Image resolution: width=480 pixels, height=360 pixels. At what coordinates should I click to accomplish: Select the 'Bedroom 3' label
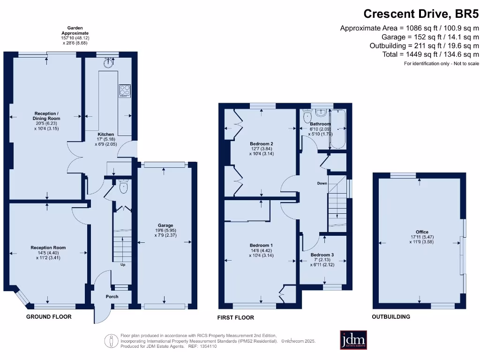coord(322,255)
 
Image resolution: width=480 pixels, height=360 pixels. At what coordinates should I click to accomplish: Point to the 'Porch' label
coord(112,296)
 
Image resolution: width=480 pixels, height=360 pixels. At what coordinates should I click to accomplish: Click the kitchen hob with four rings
coord(125,90)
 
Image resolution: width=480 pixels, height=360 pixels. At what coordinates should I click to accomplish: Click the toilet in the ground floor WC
coord(123,187)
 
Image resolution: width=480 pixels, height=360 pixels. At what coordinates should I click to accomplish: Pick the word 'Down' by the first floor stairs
coord(322,183)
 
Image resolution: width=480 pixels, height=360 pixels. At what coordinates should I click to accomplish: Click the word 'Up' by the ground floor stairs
coord(123,265)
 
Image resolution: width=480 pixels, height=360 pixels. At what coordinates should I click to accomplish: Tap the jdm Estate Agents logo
coord(353,340)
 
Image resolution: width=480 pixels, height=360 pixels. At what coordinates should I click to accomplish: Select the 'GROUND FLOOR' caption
coord(49,317)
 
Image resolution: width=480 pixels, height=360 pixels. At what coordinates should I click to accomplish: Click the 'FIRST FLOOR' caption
coord(235,317)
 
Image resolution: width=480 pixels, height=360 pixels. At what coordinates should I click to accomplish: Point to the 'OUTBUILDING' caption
coord(390,317)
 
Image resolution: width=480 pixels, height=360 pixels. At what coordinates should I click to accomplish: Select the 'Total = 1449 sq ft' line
coord(431,54)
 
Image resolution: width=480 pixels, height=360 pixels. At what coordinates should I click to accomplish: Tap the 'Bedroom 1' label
coord(261,245)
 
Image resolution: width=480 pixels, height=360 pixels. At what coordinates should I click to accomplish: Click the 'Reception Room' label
coord(48,247)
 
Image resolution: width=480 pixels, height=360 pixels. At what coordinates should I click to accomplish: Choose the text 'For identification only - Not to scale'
coord(441,63)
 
